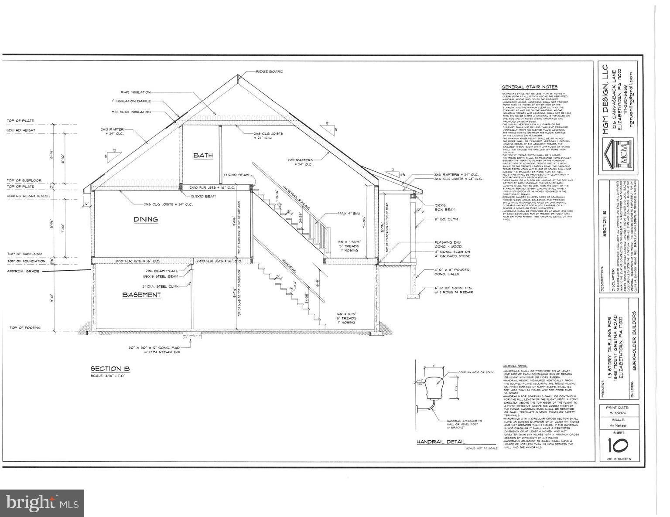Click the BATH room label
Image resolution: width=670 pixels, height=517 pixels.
tap(203, 155)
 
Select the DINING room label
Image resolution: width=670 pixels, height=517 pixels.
tap(146, 219)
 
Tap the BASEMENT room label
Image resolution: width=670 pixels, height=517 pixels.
tap(141, 295)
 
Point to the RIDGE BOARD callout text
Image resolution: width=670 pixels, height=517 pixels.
tap(269, 71)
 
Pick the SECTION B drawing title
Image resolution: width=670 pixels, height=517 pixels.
tap(110, 369)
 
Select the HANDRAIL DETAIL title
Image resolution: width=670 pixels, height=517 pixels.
tap(441, 442)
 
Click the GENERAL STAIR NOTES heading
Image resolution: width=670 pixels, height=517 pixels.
tap(529, 87)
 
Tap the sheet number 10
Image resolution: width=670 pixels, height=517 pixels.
tap(618, 445)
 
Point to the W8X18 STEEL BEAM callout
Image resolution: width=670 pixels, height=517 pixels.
tap(162, 276)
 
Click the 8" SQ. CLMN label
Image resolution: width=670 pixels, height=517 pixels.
tap(446, 219)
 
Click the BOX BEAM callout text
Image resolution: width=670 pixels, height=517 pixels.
tap(444, 210)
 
